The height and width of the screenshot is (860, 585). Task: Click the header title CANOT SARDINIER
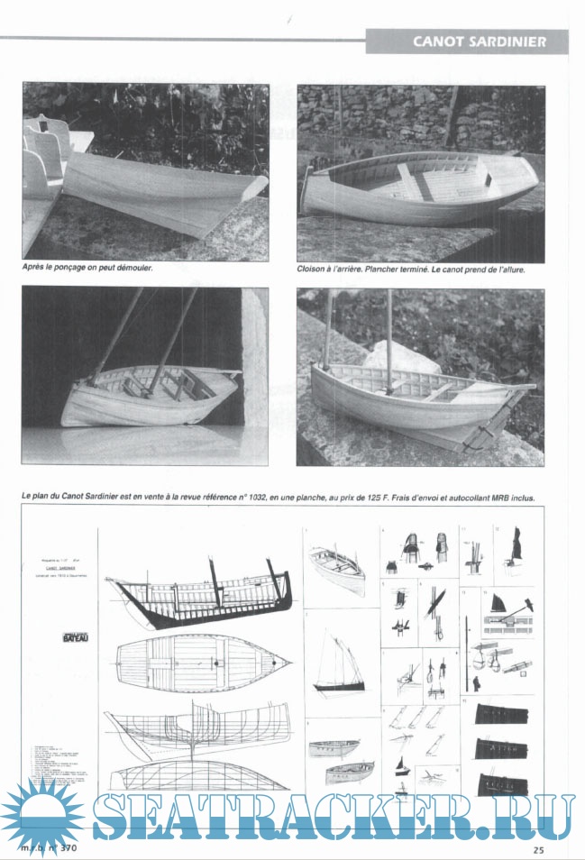(x=479, y=41)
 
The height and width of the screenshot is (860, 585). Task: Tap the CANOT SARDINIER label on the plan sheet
(x=59, y=570)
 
